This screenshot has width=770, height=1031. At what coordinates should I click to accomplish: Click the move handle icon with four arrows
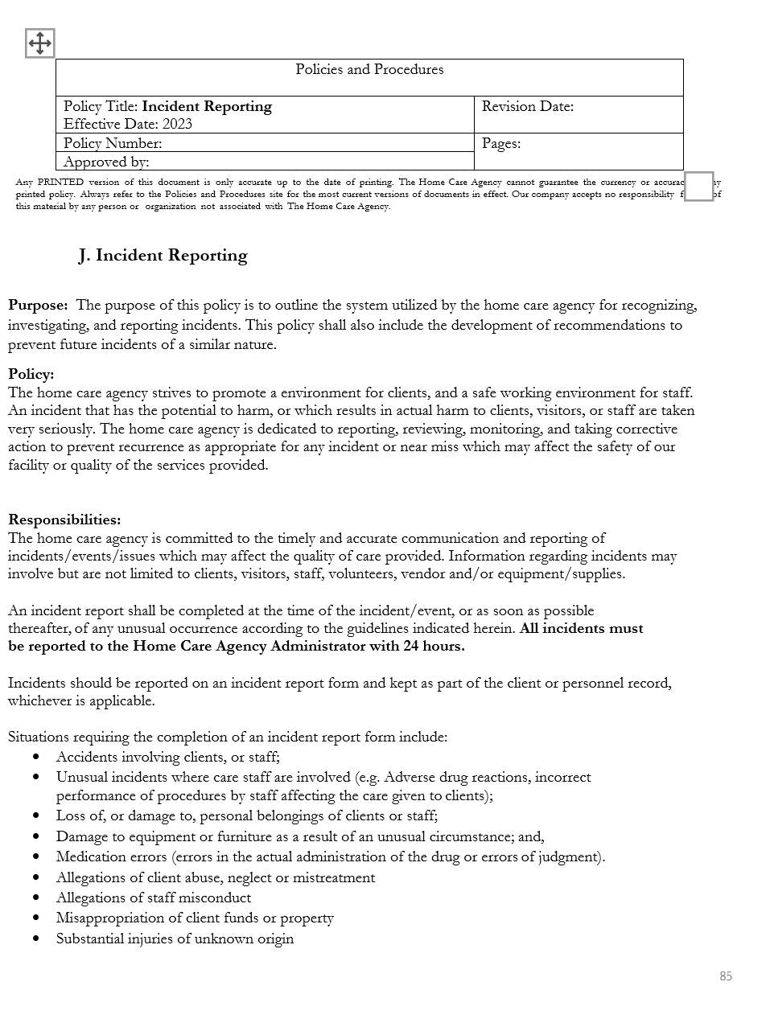pos(39,43)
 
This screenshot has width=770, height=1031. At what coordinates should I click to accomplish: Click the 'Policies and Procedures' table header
pos(369,70)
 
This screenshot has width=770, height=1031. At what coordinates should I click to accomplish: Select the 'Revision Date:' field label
pos(527,107)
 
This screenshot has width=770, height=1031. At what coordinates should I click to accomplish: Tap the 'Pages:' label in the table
pos(500,144)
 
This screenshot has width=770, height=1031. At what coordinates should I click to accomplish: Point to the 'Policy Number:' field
pos(113,144)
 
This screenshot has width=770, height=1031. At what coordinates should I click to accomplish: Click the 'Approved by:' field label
pos(106,162)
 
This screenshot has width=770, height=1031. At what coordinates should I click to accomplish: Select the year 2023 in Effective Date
pos(177,125)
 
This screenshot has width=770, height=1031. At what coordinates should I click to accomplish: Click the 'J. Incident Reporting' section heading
pos(163,256)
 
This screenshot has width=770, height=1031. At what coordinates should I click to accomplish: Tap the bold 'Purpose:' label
pos(38,306)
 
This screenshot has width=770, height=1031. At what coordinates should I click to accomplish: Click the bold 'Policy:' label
pos(31,375)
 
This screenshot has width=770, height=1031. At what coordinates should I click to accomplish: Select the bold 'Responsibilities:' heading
pos(64,520)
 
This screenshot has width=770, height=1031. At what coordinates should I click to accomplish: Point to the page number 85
pos(726,976)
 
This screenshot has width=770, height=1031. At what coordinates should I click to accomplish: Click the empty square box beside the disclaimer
pos(698,187)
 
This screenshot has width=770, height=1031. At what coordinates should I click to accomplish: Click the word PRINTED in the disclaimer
pos(60,183)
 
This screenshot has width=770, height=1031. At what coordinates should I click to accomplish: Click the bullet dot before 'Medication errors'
pos(37,857)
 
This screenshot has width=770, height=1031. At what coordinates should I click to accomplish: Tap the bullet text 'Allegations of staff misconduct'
pos(154,898)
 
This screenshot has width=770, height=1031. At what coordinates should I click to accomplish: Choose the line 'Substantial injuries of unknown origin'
pos(175,939)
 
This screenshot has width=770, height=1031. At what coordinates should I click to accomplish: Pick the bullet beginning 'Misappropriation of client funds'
pos(195,918)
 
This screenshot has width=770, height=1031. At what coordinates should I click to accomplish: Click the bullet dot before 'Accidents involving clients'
pos(37,758)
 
